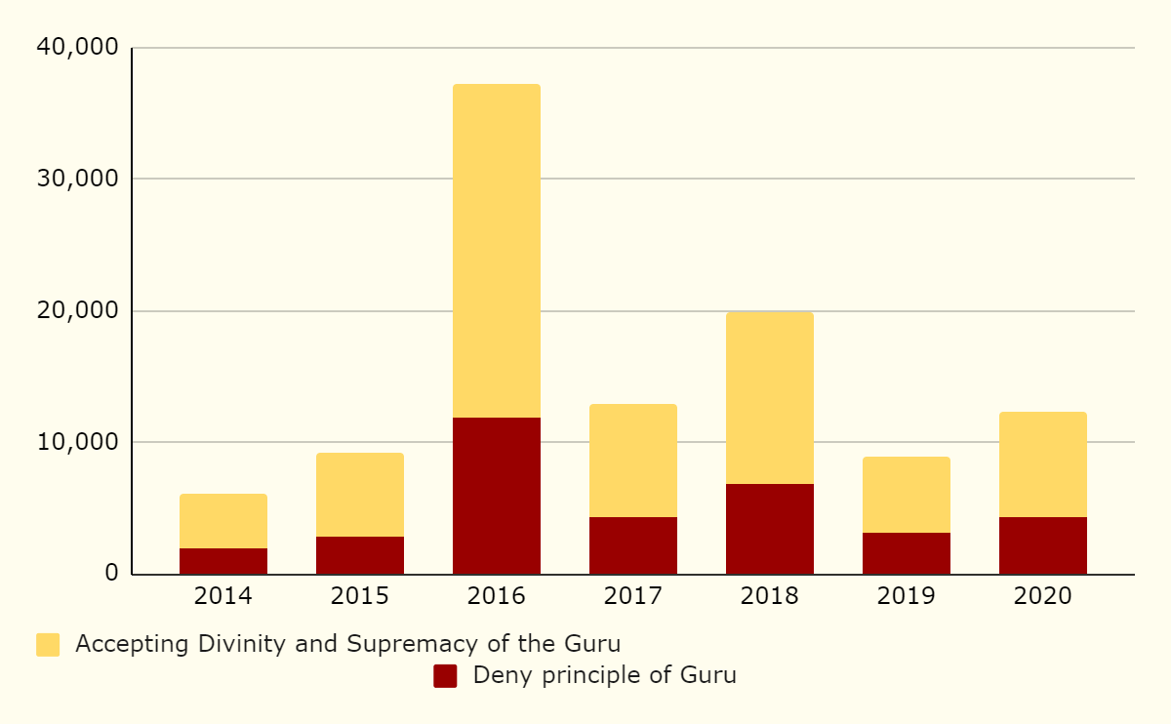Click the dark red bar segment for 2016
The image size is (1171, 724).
pyautogui.click(x=497, y=496)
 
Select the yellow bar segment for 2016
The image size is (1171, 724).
pyautogui.click(x=497, y=251)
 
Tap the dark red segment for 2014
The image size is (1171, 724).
pyautogui.click(x=223, y=561)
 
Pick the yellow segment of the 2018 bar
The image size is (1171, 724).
pyautogui.click(x=770, y=398)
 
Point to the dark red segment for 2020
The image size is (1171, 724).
pyautogui.click(x=1043, y=545)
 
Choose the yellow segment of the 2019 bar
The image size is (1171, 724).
pyautogui.click(x=907, y=495)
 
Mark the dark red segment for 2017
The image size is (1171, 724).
pyautogui.click(x=633, y=545)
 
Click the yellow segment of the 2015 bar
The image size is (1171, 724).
pyautogui.click(x=360, y=495)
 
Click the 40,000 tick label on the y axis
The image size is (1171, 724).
pyautogui.click(x=76, y=48)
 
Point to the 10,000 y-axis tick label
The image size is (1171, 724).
pyautogui.click(x=76, y=442)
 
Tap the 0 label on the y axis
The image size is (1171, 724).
pyautogui.click(x=111, y=574)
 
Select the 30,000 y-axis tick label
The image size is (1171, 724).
pyautogui.click(x=76, y=180)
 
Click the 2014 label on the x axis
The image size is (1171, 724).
pyautogui.click(x=223, y=596)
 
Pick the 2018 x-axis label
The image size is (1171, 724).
pyautogui.click(x=770, y=596)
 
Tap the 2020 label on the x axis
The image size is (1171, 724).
pyautogui.click(x=1043, y=596)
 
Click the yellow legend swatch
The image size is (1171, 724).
pyautogui.click(x=48, y=645)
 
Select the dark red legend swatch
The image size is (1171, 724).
pyautogui.click(x=445, y=676)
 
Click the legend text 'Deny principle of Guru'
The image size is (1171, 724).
pyautogui.click(x=604, y=675)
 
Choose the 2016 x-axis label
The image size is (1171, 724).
pyautogui.click(x=497, y=596)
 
